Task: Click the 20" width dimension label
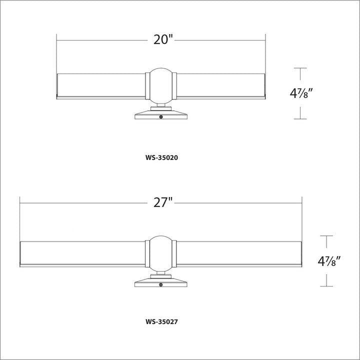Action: point(163,39)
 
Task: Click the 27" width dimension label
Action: point(163,202)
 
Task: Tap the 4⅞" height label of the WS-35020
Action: point(301,93)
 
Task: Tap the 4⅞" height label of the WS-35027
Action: point(329,261)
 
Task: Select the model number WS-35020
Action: point(161,157)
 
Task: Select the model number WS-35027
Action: point(161,321)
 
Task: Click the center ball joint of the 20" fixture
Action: point(161,86)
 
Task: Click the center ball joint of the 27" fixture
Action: point(161,253)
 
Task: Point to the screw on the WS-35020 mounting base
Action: point(161,117)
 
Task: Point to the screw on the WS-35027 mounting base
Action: point(161,284)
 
